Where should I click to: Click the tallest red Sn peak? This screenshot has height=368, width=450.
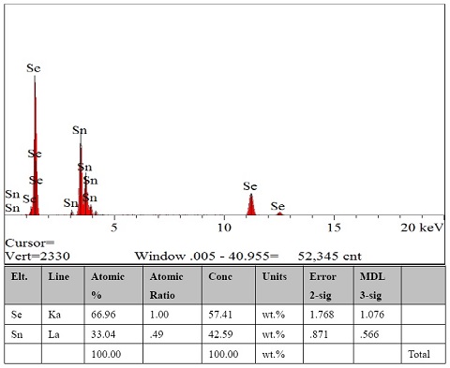pos(81,178)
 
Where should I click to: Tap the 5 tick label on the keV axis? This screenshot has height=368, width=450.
pos(113,228)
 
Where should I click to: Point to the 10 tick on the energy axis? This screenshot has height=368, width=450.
pos(224,228)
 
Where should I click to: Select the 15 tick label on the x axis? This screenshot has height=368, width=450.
pos(334,228)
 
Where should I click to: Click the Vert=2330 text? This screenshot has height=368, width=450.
pos(37,255)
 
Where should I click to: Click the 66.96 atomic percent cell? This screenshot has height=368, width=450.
pos(102,315)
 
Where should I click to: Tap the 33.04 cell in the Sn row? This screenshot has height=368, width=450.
pos(102,335)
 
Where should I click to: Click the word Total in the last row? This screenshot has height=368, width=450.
pos(419,356)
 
